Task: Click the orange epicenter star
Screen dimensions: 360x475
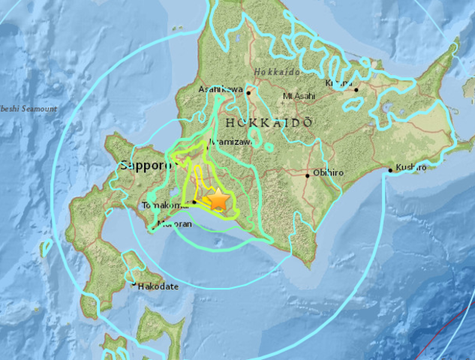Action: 218,199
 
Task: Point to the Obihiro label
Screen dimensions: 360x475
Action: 327,174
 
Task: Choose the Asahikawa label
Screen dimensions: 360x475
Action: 221,89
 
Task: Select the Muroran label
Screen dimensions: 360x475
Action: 175,223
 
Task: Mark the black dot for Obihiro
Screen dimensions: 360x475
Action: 308,175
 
